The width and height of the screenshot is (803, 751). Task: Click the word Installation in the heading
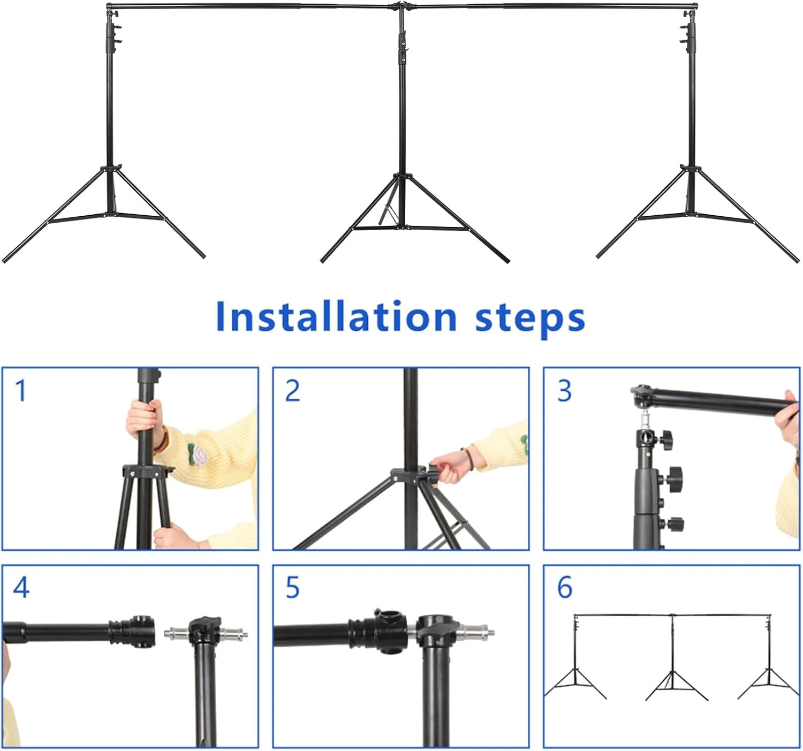tap(336, 317)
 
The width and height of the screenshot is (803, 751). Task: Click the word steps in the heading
tap(530, 320)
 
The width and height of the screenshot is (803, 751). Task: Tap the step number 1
tap(21, 391)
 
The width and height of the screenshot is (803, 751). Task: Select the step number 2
tap(292, 391)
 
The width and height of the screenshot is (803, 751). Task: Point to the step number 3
tap(564, 391)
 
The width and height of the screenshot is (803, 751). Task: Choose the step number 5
tap(292, 588)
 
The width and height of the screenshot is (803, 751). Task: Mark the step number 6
tap(565, 587)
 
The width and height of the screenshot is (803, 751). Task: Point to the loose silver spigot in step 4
tap(206, 633)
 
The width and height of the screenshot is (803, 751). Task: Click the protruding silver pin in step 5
tap(476, 633)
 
